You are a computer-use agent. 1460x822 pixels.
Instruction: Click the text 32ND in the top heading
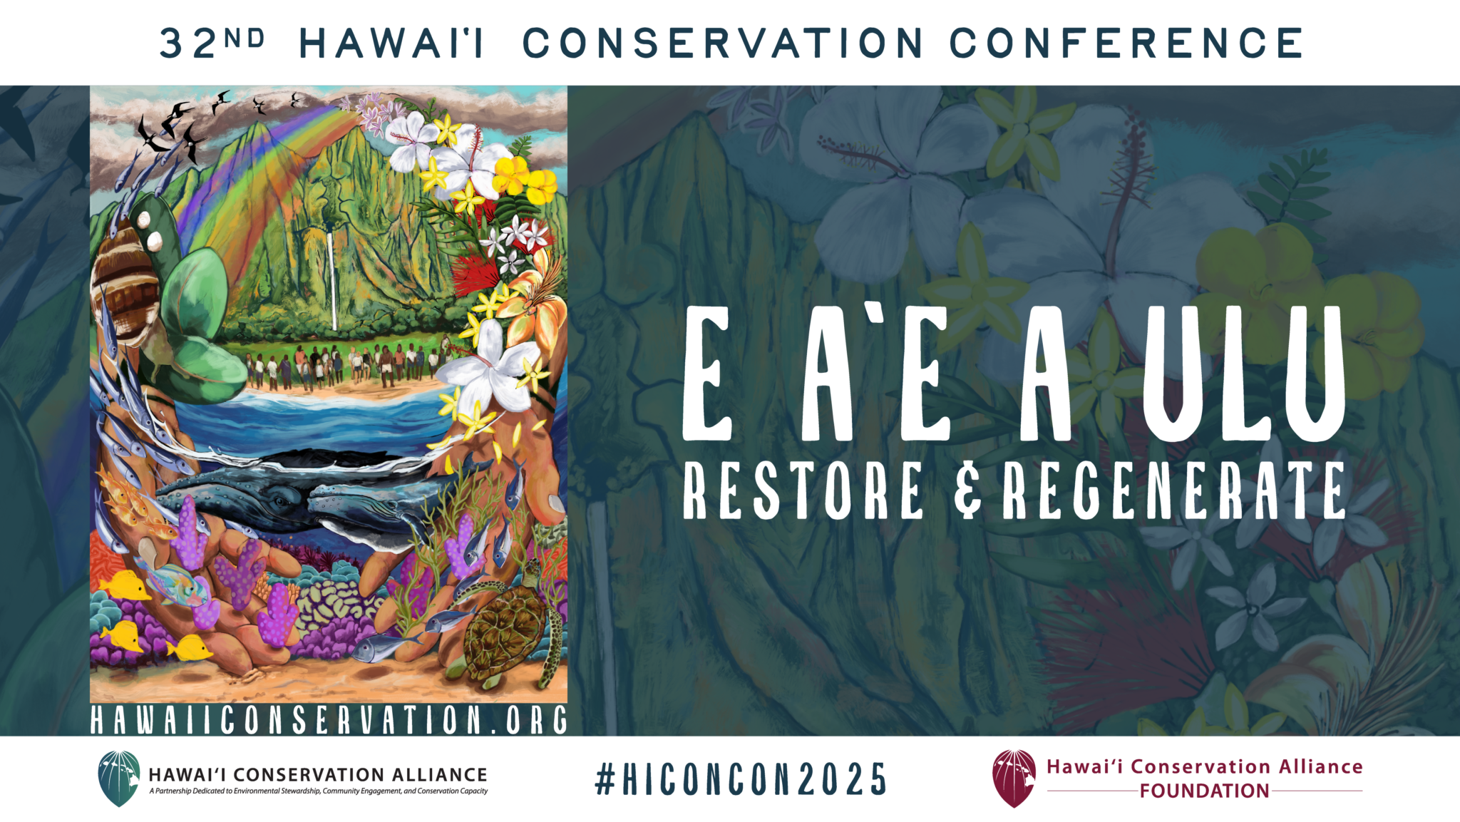point(212,43)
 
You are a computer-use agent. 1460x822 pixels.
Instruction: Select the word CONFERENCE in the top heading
point(1126,43)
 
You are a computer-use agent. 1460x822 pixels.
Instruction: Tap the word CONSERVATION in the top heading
point(723,43)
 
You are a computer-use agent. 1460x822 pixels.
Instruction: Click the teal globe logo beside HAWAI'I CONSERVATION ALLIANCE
point(119,779)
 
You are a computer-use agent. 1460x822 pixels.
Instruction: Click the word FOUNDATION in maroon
point(1204,791)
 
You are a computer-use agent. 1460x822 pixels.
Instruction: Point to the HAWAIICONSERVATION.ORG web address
point(329,720)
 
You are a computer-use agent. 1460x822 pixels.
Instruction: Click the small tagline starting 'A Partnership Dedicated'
point(319,791)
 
